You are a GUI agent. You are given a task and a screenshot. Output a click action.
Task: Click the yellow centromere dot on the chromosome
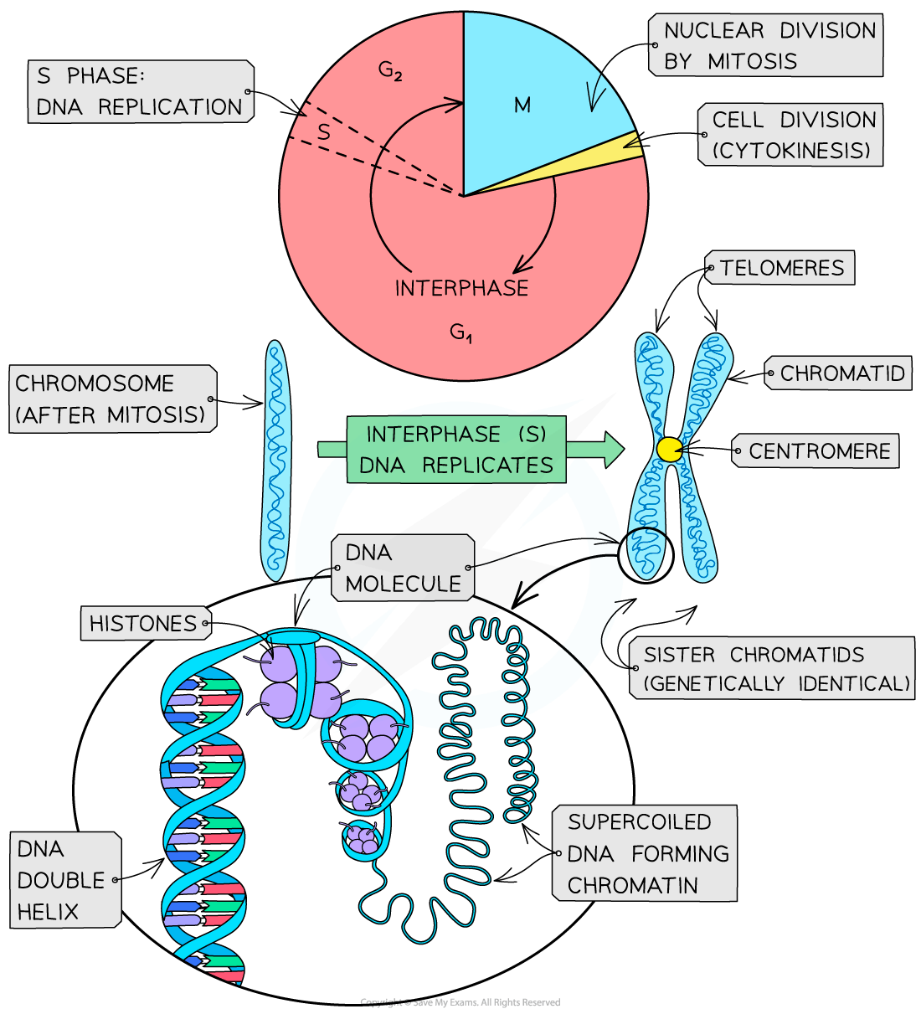pyautogui.click(x=670, y=450)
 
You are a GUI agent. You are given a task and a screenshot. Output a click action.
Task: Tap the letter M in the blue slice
pyautogui.click(x=522, y=106)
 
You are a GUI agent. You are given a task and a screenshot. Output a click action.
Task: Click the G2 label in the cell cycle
pyautogui.click(x=390, y=70)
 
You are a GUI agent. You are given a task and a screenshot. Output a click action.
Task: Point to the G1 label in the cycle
pyautogui.click(x=460, y=332)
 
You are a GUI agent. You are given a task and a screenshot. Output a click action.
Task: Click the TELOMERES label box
pyautogui.click(x=781, y=268)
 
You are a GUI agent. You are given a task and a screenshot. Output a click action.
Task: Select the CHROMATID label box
pyautogui.click(x=841, y=373)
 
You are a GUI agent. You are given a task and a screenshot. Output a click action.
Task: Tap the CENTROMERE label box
pyautogui.click(x=818, y=451)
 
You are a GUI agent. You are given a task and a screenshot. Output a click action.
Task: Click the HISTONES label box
pyautogui.click(x=143, y=623)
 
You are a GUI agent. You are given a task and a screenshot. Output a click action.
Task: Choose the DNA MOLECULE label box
pyautogui.click(x=403, y=568)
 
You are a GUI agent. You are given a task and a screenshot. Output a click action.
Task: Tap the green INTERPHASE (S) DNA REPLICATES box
pyautogui.click(x=457, y=450)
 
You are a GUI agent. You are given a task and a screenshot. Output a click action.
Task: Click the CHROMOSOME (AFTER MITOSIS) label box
pyautogui.click(x=111, y=399)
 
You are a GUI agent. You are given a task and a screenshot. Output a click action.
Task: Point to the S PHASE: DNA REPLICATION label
pyautogui.click(x=139, y=91)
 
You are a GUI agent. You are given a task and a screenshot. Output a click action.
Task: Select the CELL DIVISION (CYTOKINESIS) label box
pyautogui.click(x=791, y=135)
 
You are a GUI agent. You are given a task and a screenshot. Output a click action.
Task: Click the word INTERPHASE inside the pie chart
pyautogui.click(x=461, y=288)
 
